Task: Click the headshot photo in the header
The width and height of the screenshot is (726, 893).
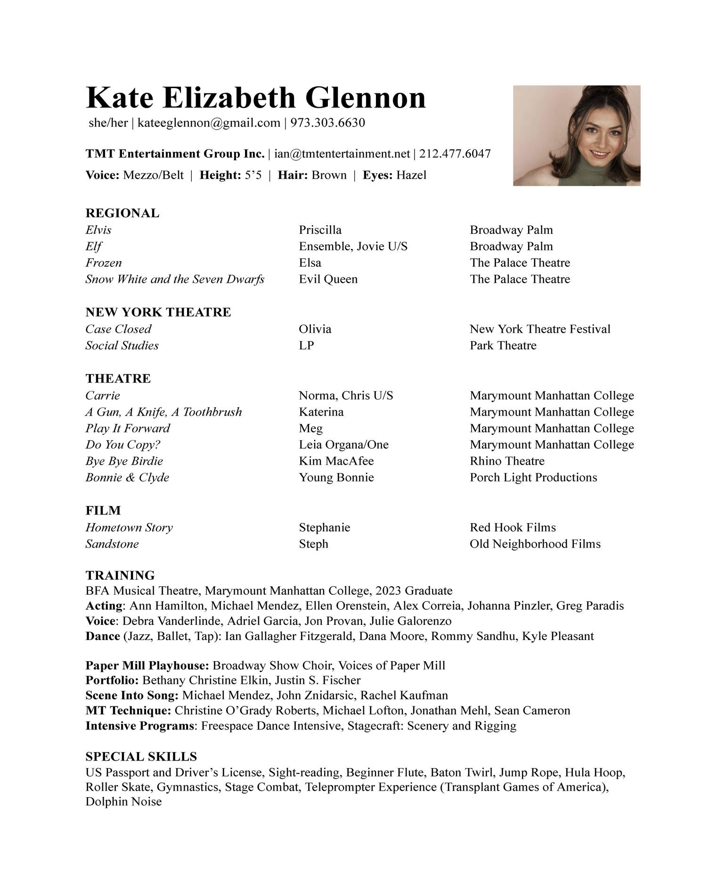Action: point(576,135)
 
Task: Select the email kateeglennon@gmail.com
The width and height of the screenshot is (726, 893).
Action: point(208,123)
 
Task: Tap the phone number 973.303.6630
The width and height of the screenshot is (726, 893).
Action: point(327,123)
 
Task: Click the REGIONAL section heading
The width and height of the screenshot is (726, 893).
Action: point(122,213)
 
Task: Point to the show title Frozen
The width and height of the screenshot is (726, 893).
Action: point(103,262)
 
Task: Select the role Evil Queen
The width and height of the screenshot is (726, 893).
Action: point(328,279)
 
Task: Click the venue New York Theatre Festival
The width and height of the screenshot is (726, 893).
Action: point(539,329)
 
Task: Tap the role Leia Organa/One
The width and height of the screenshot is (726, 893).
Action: point(343,444)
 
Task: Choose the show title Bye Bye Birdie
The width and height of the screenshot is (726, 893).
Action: point(124,461)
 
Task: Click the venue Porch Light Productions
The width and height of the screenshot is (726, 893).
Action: point(533,477)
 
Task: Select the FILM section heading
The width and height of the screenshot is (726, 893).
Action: point(103,510)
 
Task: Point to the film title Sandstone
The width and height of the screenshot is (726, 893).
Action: point(112,544)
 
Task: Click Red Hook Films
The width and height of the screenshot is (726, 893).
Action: point(513,527)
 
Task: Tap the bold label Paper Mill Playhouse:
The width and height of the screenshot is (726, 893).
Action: point(147,665)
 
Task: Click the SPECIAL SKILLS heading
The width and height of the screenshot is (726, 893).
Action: point(141,756)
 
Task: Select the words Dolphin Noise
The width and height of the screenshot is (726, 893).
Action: point(123,802)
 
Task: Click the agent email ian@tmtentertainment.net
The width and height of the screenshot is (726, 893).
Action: point(342,154)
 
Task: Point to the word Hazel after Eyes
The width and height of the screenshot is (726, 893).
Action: point(411,175)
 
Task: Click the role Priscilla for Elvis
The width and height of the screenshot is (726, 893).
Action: point(320,230)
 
